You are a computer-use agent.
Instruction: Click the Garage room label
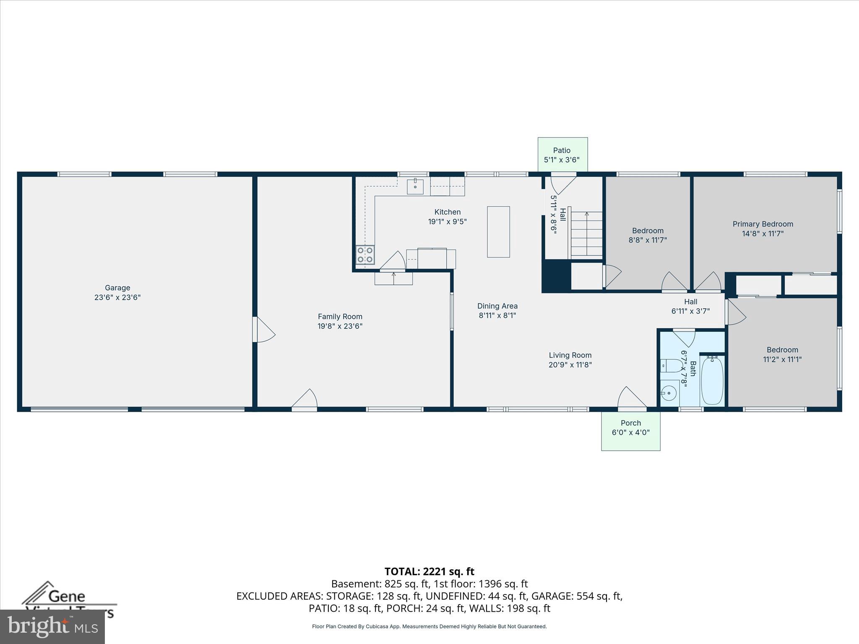click(x=117, y=288)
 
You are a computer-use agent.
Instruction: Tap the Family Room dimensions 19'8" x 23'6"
click(x=340, y=326)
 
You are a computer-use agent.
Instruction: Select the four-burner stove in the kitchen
click(x=365, y=254)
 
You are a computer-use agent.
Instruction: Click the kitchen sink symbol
click(x=415, y=186)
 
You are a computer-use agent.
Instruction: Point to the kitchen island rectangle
click(x=498, y=232)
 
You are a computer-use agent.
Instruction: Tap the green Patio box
click(x=562, y=154)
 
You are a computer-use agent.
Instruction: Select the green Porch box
click(x=630, y=431)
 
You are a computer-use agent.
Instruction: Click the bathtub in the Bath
click(x=712, y=380)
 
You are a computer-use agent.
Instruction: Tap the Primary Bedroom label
click(x=763, y=224)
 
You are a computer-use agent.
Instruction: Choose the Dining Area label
click(x=497, y=306)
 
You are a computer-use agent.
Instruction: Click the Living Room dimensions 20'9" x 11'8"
click(x=570, y=365)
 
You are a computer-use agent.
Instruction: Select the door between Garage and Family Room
click(x=263, y=330)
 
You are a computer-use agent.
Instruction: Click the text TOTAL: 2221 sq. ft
click(x=429, y=571)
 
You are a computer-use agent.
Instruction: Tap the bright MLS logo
click(x=52, y=626)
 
